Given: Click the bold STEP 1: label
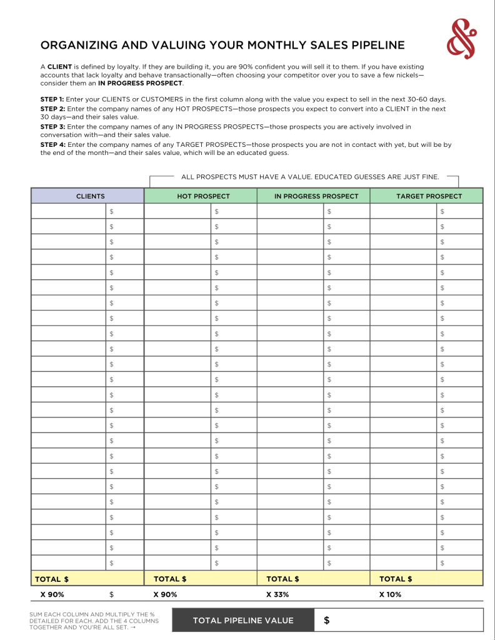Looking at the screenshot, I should coord(52,99).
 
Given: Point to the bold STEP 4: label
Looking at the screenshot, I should coord(52,144).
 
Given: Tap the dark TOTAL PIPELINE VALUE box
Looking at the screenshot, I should coord(243,621).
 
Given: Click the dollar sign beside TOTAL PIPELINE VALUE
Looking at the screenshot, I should coord(326,621).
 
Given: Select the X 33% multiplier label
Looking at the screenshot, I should coord(277,594).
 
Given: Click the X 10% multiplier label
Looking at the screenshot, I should coord(390,594).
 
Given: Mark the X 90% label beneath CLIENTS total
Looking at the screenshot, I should coord(52,594).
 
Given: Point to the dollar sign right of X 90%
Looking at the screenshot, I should coord(111,594).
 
